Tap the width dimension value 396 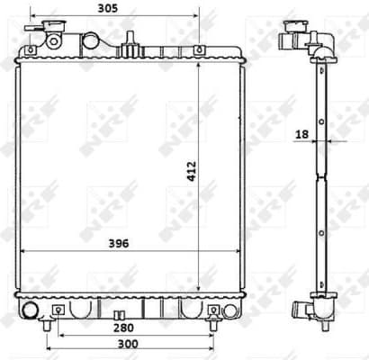click(x=113, y=241)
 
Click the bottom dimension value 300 click(x=129, y=346)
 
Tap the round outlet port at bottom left click(x=31, y=311)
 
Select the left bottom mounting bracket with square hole click(x=58, y=310)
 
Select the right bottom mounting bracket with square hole click(x=214, y=310)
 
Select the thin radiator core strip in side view click(x=321, y=180)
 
